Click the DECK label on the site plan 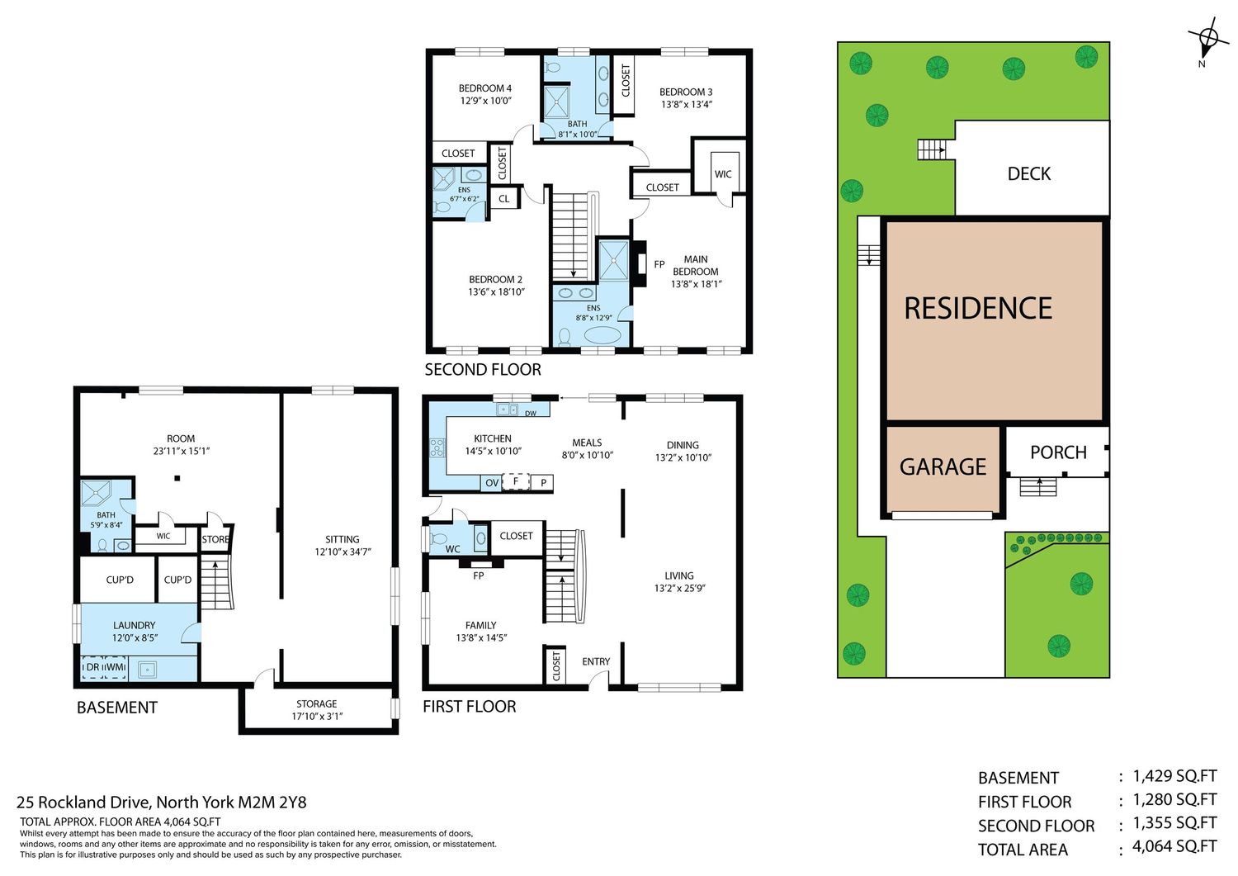point(1028,173)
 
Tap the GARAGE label point(943,466)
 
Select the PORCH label point(1058,452)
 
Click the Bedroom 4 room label point(484,88)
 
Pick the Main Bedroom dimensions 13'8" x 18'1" point(696,284)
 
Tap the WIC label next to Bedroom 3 point(722,174)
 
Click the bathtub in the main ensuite point(602,335)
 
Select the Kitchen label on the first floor point(493,438)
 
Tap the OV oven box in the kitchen point(491,483)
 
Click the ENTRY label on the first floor point(596,661)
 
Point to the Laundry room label point(135,625)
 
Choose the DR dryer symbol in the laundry point(92,667)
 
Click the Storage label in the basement point(317,703)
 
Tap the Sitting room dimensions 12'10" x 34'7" point(343,552)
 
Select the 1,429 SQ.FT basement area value point(1174,776)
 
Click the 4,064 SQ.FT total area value point(1174,846)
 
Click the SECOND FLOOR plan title point(483,369)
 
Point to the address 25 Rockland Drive point(83,802)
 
